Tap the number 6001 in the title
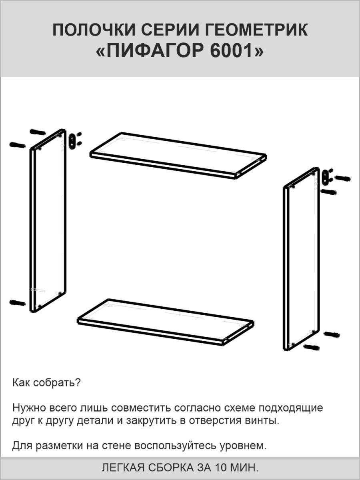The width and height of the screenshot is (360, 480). click(231, 51)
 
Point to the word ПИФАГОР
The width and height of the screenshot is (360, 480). click(156, 51)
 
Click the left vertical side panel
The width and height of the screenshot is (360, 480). click(48, 220)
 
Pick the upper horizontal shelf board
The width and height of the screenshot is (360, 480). click(178, 156)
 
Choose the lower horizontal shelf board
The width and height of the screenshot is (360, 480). click(166, 322)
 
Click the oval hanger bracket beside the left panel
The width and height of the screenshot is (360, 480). click(72, 142)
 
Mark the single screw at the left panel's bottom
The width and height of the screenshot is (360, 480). click(18, 303)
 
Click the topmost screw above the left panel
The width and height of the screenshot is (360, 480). click(38, 132)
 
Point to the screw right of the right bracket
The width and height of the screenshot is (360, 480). click(342, 178)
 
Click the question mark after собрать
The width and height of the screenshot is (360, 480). click(78, 382)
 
